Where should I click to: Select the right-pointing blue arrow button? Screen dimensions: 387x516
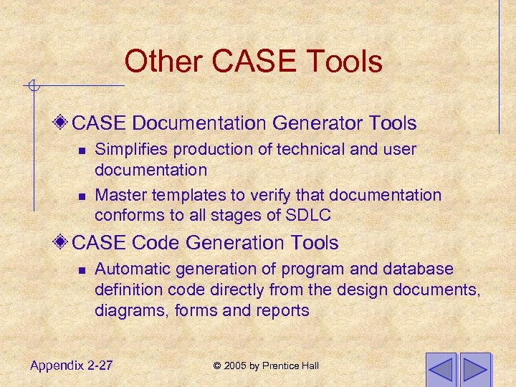pos(475,370)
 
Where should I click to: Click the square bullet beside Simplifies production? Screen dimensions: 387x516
pos(82,150)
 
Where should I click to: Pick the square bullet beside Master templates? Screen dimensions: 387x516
pos(82,196)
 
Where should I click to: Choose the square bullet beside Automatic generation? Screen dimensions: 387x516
pos(82,270)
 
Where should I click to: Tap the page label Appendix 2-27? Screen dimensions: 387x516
pos(71,365)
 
